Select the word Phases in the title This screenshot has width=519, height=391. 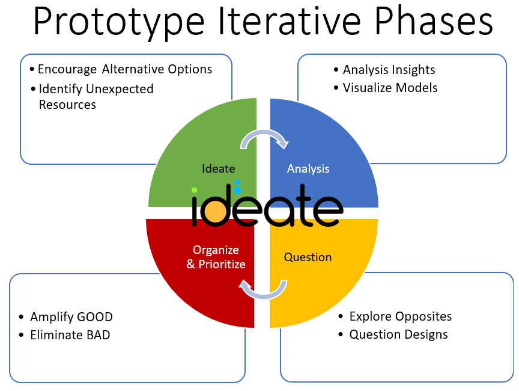[x=432, y=22]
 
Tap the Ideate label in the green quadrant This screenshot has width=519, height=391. [x=218, y=168]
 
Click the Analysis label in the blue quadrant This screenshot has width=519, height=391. [x=308, y=168]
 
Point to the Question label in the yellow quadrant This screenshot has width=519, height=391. [x=308, y=257]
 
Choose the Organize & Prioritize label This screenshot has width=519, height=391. [x=216, y=257]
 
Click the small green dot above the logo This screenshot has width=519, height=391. [x=195, y=190]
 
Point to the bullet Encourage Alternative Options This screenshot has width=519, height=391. [x=124, y=69]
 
